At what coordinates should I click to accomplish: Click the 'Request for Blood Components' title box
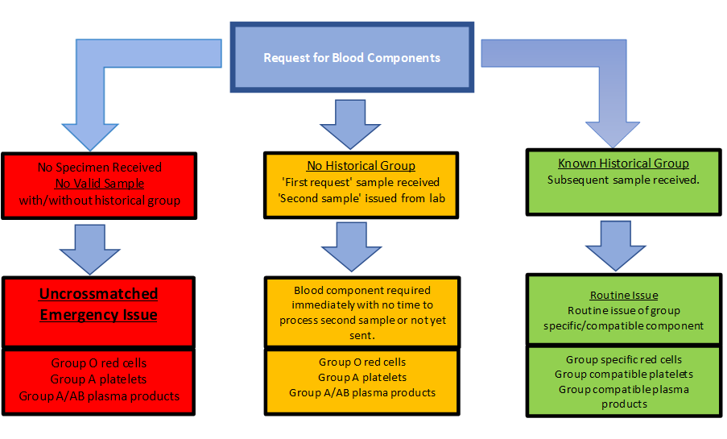coord(352,57)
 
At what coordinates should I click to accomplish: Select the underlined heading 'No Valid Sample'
coord(100,184)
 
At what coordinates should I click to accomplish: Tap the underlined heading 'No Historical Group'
coord(361,166)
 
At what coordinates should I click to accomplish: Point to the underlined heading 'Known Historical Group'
coord(624,164)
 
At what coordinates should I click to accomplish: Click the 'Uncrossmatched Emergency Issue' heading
coord(99,304)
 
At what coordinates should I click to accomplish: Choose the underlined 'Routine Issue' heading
coord(624,295)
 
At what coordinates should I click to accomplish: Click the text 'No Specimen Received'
coord(100,167)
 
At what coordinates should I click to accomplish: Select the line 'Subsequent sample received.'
coord(623,180)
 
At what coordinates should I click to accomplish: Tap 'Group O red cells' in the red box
coord(99,363)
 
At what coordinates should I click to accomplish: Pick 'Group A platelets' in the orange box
coord(362,377)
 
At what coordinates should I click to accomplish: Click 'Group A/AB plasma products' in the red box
coord(99,396)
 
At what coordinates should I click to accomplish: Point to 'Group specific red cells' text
coord(624,359)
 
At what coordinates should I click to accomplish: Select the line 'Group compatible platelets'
coord(624,374)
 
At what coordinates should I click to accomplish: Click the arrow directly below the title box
coord(350,124)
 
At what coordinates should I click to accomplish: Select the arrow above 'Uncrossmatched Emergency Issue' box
coord(90,250)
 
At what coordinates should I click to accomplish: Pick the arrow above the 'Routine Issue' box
coord(616,246)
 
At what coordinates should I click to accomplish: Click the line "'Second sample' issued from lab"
coord(361,199)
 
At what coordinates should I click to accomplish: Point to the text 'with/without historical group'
coord(100,201)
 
